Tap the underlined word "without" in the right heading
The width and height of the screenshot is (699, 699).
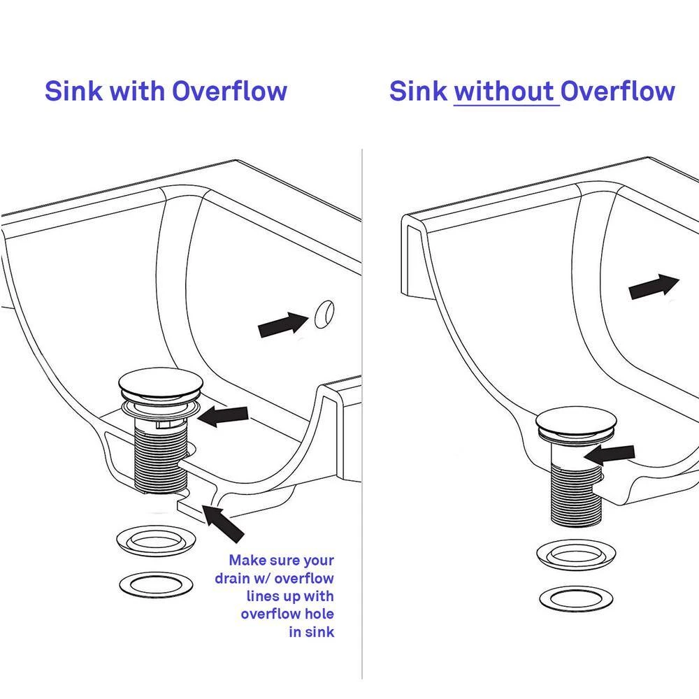click(507, 92)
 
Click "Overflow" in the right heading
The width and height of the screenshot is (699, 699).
click(618, 92)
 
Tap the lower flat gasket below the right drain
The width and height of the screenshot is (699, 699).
click(576, 598)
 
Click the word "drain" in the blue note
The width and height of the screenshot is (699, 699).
click(235, 578)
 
